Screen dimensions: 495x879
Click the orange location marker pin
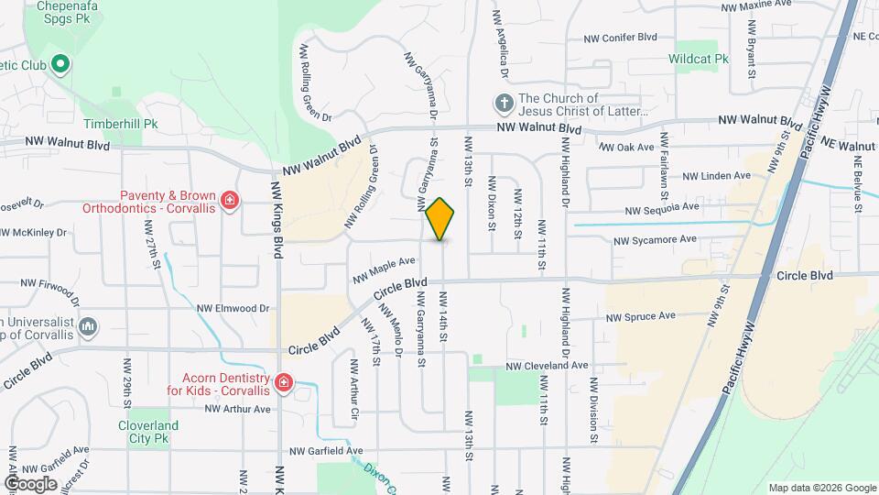(x=440, y=219)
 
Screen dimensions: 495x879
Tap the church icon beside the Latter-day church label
(x=504, y=102)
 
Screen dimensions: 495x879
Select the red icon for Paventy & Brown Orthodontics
(x=229, y=200)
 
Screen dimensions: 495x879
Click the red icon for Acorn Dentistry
(x=284, y=382)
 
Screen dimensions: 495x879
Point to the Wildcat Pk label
(x=699, y=59)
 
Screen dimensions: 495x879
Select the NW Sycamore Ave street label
(x=655, y=240)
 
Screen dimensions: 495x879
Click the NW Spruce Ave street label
(x=641, y=316)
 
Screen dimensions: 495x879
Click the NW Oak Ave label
(x=627, y=147)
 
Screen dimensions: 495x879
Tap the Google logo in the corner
(x=30, y=483)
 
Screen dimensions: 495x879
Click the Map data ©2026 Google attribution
(x=820, y=488)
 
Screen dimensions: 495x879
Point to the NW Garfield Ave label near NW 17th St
(x=326, y=451)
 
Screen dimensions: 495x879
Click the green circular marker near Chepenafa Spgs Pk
(x=60, y=64)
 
